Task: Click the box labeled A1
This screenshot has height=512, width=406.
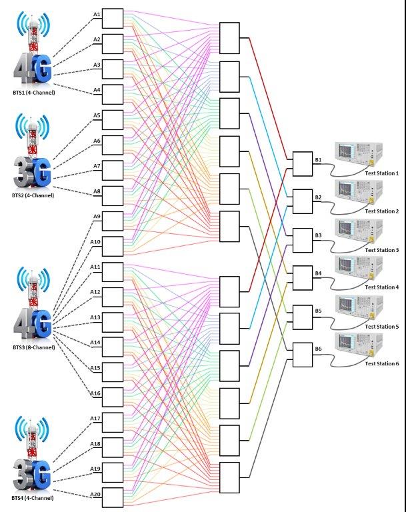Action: [x=113, y=18]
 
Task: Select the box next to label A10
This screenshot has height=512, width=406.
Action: [x=113, y=246]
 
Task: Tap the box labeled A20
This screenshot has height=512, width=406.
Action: [x=113, y=498]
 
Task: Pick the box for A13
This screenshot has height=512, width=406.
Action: [x=113, y=321]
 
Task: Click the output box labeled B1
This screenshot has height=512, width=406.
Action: [x=302, y=163]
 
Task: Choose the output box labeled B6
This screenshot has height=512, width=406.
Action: [x=302, y=354]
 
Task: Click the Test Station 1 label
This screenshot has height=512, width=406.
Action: [x=381, y=173]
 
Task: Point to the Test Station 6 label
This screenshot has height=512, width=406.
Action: [x=381, y=364]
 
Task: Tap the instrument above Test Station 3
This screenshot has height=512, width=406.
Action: [x=359, y=233]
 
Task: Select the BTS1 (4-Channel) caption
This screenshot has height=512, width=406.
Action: [x=33, y=93]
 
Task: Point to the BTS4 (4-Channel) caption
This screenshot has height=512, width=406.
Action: [x=33, y=498]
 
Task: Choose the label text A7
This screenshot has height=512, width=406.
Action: [x=97, y=165]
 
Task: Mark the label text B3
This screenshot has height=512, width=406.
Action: [x=319, y=235]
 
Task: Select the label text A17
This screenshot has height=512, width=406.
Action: [x=95, y=418]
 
